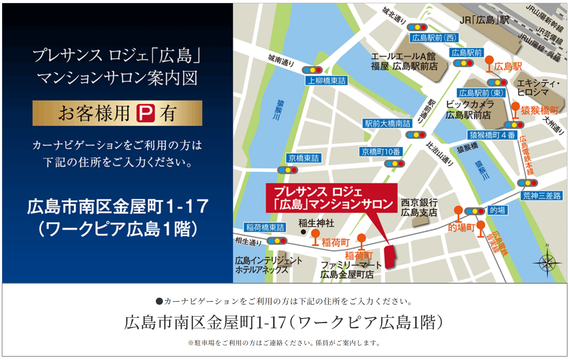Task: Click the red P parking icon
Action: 145,113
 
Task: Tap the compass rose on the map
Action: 547,263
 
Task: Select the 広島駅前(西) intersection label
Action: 434,38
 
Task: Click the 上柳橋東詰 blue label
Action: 326,81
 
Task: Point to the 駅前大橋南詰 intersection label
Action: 388,123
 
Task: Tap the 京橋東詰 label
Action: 303,158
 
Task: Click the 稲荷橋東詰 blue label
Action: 265,227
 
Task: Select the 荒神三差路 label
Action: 541,196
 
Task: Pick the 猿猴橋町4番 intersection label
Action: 492,135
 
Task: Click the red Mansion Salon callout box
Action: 332,198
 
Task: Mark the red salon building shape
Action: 390,256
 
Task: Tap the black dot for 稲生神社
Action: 303,232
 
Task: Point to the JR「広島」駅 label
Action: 484,20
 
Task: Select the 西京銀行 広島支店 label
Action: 419,207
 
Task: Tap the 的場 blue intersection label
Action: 497,210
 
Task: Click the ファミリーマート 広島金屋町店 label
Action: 351,270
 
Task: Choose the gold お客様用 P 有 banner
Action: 117,113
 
